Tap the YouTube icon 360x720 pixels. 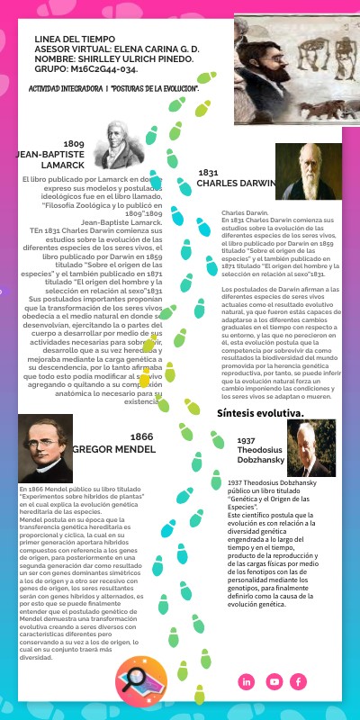click(x=274, y=681)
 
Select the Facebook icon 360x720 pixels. click(x=299, y=681)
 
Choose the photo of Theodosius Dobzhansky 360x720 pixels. click(x=310, y=447)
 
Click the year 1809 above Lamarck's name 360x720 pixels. click(x=74, y=144)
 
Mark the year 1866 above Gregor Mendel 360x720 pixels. click(x=141, y=436)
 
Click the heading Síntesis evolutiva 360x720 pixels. click(x=260, y=413)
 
